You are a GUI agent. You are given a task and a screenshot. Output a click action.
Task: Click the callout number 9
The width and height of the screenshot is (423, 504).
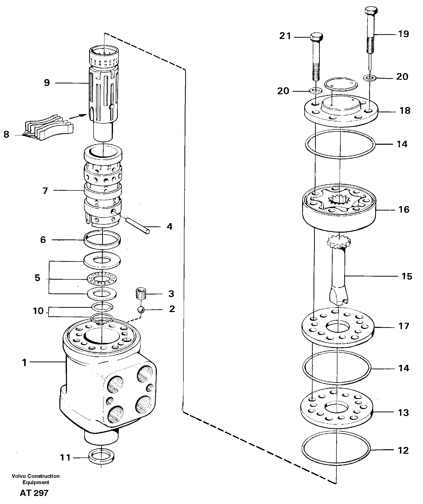(47, 83)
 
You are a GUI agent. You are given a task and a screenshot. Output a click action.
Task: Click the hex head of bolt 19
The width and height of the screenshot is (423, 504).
(371, 11)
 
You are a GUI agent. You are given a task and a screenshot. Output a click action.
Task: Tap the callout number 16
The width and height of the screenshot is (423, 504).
(404, 210)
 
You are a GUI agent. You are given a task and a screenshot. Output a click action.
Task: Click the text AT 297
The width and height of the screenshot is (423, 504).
(34, 493)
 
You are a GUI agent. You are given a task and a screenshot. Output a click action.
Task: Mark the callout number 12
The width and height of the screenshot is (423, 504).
(403, 450)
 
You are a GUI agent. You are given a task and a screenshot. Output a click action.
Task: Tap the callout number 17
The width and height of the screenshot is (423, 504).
(404, 326)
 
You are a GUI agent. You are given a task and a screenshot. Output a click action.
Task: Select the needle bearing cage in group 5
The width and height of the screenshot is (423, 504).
(102, 278)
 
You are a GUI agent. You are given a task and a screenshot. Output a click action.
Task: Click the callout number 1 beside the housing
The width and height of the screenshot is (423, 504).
(24, 363)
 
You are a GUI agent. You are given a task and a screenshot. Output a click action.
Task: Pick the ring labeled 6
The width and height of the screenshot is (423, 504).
(102, 239)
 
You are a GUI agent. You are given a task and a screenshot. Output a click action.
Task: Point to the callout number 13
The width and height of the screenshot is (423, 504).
(403, 413)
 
